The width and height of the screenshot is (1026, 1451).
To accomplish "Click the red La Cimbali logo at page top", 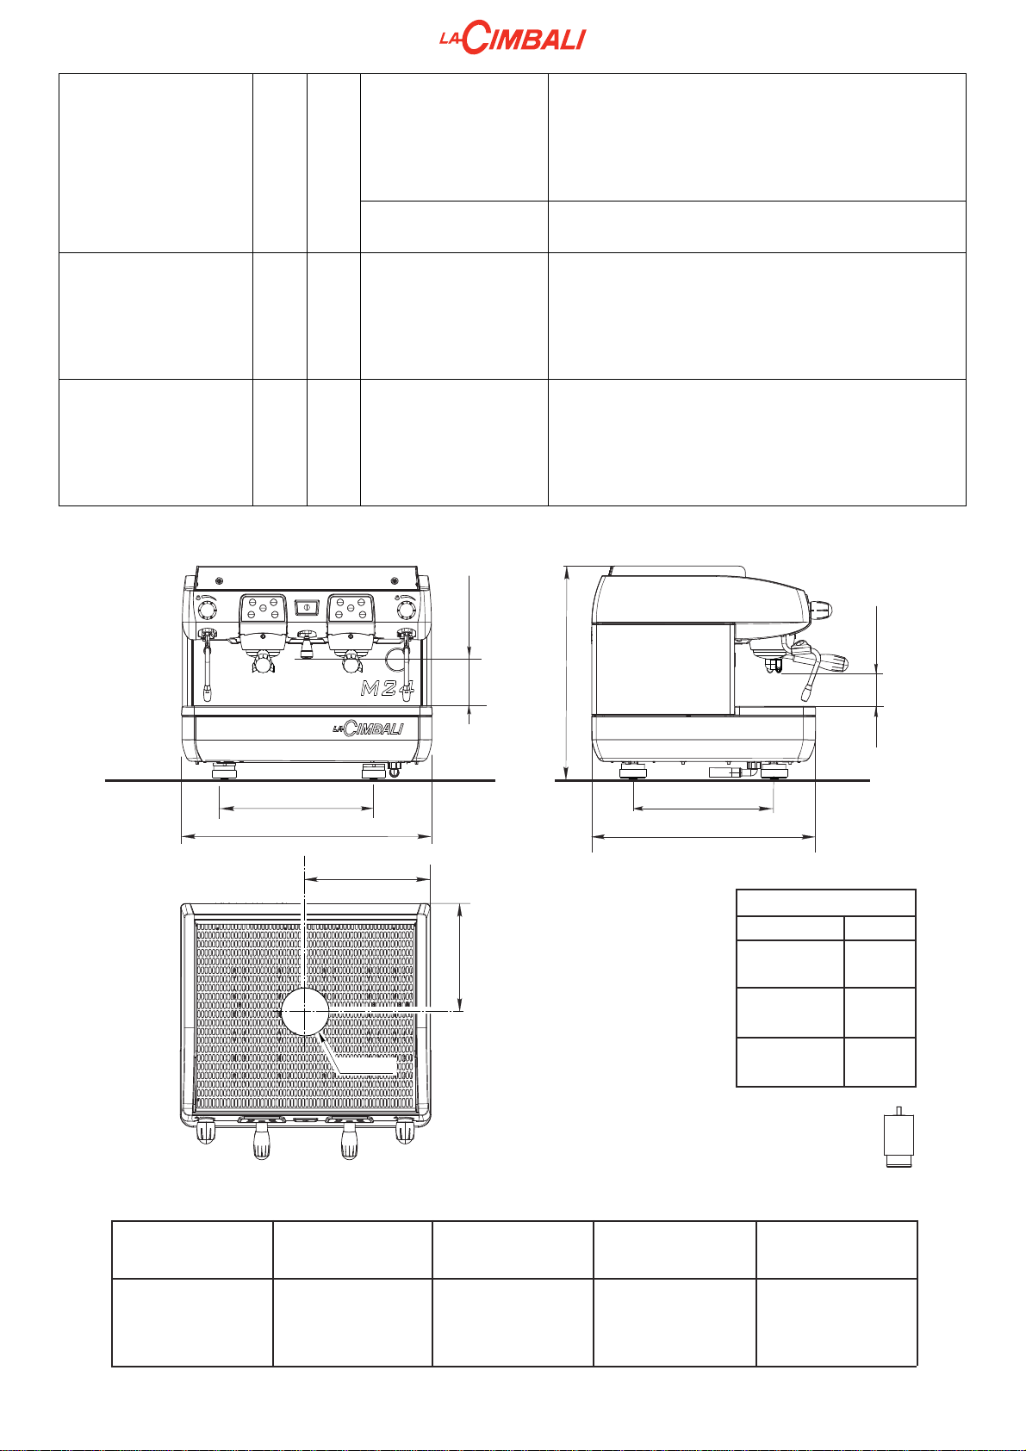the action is pyautogui.click(x=513, y=40).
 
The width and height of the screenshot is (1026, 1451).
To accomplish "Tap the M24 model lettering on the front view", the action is pyautogui.click(x=387, y=688).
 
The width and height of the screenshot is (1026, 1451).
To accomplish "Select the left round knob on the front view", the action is pyautogui.click(x=208, y=611).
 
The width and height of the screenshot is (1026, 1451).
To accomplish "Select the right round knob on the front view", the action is pyautogui.click(x=405, y=611).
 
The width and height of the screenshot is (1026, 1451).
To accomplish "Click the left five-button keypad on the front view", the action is pyautogui.click(x=262, y=610).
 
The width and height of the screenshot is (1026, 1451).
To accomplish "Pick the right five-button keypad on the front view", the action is pyautogui.click(x=351, y=610).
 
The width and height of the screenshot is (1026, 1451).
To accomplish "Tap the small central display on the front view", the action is pyautogui.click(x=306, y=608).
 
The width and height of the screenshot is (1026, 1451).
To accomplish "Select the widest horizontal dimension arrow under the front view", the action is pyautogui.click(x=306, y=835).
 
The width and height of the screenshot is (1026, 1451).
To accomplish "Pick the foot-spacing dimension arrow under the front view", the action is pyautogui.click(x=296, y=809).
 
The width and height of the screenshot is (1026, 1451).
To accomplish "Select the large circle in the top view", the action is pyautogui.click(x=305, y=1010).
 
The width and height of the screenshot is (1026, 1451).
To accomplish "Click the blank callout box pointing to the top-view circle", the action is pyautogui.click(x=365, y=1068).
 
